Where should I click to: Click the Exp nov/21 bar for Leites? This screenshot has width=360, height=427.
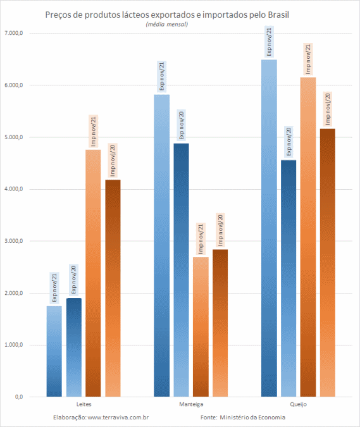[x=54, y=351]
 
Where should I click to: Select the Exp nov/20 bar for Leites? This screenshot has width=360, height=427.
[x=74, y=347]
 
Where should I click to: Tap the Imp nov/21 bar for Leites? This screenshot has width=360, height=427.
[x=93, y=273]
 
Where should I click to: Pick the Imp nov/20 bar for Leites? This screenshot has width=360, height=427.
[x=113, y=288]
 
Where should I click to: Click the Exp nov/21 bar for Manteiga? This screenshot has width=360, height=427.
[x=162, y=245]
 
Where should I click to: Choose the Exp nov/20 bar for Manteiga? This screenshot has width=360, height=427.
[x=181, y=270]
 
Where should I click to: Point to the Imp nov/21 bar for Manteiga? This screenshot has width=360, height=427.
[x=201, y=327]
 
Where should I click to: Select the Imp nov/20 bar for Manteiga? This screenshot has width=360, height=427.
[x=220, y=323]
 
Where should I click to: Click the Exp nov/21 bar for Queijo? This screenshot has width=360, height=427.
[x=269, y=228]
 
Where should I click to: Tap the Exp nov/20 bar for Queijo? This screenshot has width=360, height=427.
[x=289, y=278]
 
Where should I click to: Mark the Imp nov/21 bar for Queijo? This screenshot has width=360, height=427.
[x=308, y=237]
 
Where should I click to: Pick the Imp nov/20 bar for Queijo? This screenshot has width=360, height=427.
[x=328, y=263]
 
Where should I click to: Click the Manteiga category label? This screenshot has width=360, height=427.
[x=191, y=404]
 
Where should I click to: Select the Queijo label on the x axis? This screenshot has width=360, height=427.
[x=299, y=404]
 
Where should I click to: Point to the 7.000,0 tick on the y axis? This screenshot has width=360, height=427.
[x=14, y=34]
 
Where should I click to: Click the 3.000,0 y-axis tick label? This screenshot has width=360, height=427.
[x=14, y=241]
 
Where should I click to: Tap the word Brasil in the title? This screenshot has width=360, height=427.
[x=278, y=15]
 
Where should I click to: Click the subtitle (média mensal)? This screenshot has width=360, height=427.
[x=166, y=24]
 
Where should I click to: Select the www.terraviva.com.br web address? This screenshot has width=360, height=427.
[x=118, y=418]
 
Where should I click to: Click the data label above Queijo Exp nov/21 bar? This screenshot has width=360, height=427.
[x=269, y=42]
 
